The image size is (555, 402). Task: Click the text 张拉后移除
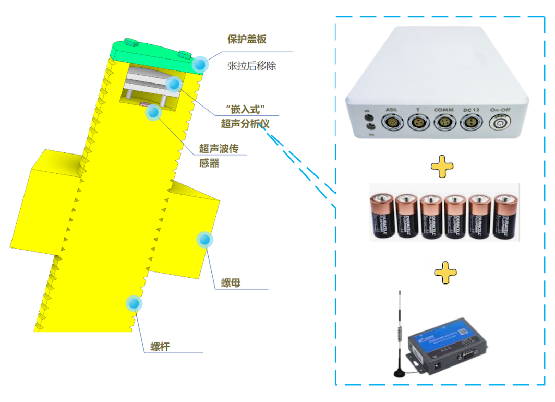click(251, 66)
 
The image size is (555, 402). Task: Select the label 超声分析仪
click(245, 124)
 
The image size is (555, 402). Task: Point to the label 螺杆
click(160, 346)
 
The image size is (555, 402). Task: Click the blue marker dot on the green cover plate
click(199, 64)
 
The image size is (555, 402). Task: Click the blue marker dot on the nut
click(204, 240)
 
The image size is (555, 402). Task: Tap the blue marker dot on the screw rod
click(134, 303)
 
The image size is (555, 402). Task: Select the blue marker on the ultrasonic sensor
click(153, 112)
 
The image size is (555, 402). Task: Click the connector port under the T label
click(417, 123)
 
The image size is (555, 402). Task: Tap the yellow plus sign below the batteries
click(445, 272)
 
